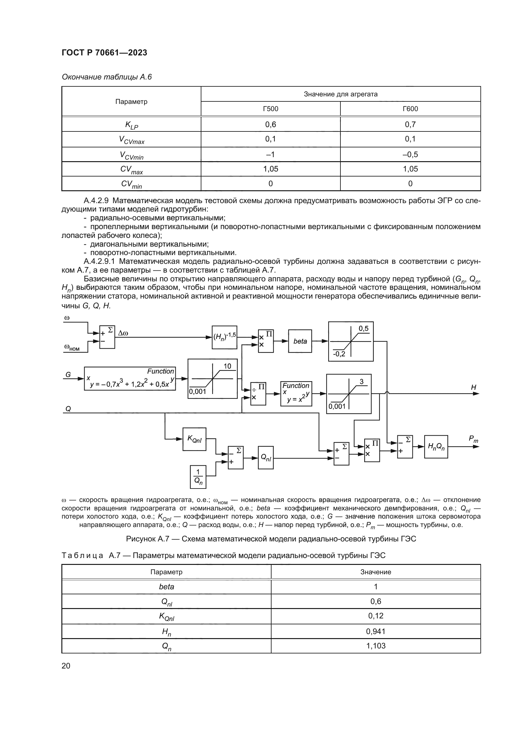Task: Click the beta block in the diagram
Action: (x=300, y=341)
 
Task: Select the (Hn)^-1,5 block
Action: (x=225, y=337)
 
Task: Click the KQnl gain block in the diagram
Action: (x=194, y=439)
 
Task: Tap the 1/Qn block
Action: (x=198, y=477)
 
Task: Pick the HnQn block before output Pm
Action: (x=436, y=447)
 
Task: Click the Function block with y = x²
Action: (x=296, y=393)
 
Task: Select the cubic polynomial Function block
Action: (x=130, y=378)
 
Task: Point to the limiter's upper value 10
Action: (x=227, y=366)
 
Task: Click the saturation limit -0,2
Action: (x=339, y=354)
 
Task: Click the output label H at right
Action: (x=473, y=387)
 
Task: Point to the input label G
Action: (x=68, y=375)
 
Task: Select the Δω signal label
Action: (x=123, y=333)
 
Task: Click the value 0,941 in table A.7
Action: (x=376, y=631)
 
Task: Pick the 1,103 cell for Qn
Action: (x=376, y=646)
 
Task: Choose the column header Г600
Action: (x=410, y=109)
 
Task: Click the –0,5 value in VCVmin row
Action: (x=410, y=155)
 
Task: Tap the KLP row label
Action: (x=132, y=125)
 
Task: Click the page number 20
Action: (x=66, y=665)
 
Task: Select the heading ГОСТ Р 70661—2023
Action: (x=104, y=53)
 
